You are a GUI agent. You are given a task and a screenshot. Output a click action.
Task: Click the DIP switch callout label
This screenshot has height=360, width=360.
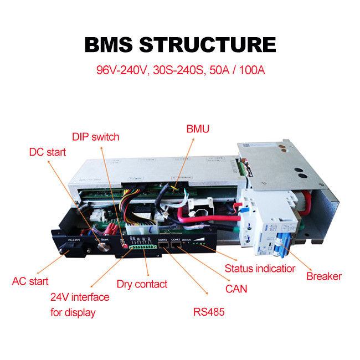point(95,137)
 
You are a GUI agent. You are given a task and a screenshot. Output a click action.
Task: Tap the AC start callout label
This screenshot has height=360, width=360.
point(30,281)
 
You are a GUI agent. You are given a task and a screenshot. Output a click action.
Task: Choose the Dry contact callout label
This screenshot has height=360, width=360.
point(142,284)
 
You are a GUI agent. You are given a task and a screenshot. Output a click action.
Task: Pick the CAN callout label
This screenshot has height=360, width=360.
point(236,289)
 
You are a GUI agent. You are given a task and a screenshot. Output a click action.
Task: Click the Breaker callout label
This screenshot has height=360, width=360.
point(324,276)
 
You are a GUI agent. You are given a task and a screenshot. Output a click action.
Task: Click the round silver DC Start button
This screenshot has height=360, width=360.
point(101,246)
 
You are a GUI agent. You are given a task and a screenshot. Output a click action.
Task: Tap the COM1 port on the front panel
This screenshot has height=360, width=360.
point(162,245)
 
